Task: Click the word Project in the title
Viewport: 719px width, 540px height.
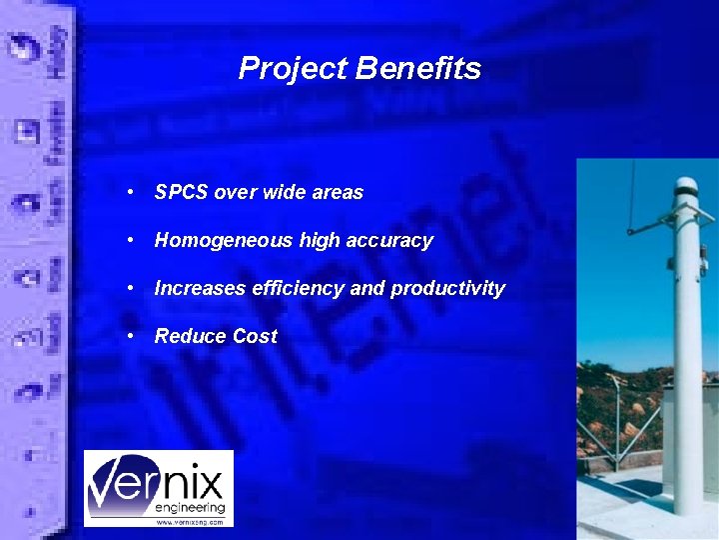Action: pos(293,69)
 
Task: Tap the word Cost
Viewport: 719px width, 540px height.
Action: pos(252,336)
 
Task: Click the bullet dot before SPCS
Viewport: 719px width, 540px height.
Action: pos(131,192)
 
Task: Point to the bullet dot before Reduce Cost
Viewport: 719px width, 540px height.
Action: pos(131,336)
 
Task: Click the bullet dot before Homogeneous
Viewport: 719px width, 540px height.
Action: pos(131,240)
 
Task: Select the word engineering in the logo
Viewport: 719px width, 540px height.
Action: pos(190,508)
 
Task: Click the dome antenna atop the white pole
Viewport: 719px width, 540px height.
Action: pos(685,186)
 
